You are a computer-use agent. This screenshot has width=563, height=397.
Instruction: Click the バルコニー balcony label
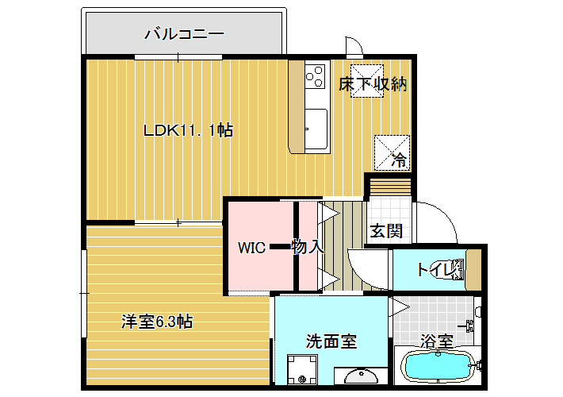click(184, 34)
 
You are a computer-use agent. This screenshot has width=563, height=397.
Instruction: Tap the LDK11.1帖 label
click(188, 130)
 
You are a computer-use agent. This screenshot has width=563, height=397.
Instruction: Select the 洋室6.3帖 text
click(157, 322)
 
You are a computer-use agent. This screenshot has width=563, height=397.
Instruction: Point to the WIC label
click(251, 248)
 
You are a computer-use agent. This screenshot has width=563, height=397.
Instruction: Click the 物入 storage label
click(308, 247)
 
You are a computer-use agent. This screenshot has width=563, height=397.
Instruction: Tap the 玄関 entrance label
click(386, 231)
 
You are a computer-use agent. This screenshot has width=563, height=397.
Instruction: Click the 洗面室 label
click(331, 341)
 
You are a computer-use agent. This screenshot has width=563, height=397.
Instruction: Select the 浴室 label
click(437, 341)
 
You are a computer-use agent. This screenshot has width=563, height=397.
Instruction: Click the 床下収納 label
click(373, 84)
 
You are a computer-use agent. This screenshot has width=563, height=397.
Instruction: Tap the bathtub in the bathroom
click(438, 366)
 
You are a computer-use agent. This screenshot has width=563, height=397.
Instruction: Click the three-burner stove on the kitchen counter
click(316, 76)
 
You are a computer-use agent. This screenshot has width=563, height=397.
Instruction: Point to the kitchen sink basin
click(316, 129)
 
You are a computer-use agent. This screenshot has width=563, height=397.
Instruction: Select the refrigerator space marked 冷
click(392, 152)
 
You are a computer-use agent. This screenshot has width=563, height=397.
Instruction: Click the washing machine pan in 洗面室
click(302, 369)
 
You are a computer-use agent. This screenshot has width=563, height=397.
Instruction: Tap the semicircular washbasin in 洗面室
click(362, 376)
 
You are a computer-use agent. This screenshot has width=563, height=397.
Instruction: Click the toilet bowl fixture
click(458, 269)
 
